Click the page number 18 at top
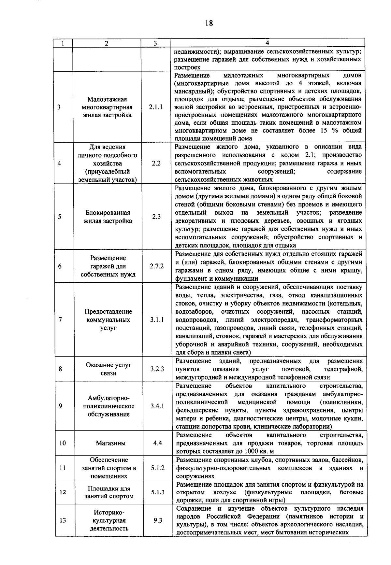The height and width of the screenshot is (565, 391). (x=209, y=23)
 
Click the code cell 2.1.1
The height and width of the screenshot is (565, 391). (x=155, y=107)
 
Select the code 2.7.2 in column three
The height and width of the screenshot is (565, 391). (x=156, y=266)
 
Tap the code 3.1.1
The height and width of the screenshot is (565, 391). (x=157, y=320)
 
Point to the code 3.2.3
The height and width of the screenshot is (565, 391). (x=157, y=369)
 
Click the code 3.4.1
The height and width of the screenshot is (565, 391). (x=157, y=406)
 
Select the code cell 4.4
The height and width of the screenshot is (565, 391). (x=157, y=443)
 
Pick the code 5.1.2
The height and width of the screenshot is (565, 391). (x=158, y=468)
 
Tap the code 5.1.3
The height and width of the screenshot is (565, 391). (x=158, y=492)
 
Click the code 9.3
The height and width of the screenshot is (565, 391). (x=158, y=520)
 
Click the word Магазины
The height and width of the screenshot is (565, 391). (x=111, y=443)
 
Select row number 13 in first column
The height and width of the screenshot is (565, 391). (x=63, y=520)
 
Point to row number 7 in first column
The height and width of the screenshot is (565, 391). (x=61, y=320)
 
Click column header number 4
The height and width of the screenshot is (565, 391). (x=267, y=43)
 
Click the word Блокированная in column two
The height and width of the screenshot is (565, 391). (x=108, y=213)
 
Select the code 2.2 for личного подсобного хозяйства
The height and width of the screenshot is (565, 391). (x=156, y=163)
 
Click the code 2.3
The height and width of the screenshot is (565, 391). (x=156, y=217)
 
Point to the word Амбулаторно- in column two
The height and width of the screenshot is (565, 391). (x=109, y=398)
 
